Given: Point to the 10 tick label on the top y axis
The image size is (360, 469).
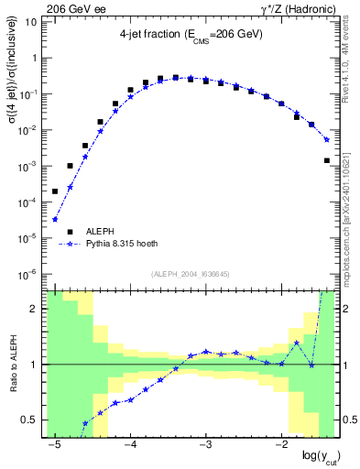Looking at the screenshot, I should (x=30, y=22).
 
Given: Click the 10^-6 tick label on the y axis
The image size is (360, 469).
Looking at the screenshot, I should (x=27, y=274).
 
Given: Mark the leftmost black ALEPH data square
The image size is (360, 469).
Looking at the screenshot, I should (x=55, y=191).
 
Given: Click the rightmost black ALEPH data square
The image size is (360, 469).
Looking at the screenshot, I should (x=327, y=160).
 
